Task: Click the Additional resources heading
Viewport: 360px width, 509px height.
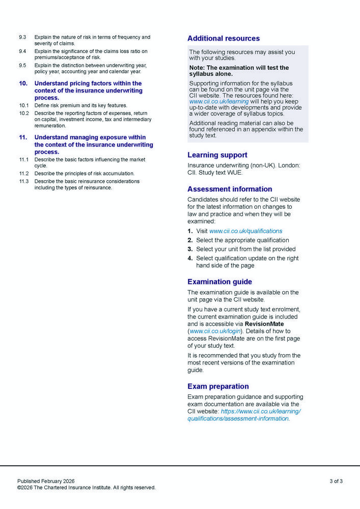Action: click(223, 38)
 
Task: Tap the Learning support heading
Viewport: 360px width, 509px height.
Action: click(217, 155)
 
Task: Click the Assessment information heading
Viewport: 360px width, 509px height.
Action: click(230, 189)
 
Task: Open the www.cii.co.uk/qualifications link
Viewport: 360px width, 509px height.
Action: click(245, 231)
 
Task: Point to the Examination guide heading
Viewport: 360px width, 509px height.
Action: click(219, 281)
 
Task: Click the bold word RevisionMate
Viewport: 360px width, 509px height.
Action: click(264, 324)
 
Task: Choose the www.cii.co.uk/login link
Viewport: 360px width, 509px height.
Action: click(215, 331)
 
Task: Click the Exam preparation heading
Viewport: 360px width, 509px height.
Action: click(218, 386)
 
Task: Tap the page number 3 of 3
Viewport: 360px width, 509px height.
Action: click(336, 481)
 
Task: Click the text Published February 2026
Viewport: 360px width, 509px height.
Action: click(46, 481)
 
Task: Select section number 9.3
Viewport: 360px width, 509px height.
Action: click(22, 37)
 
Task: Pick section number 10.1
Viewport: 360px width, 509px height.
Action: click(24, 105)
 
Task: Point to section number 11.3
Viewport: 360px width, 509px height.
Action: click(24, 181)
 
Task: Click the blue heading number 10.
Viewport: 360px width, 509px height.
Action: click(23, 83)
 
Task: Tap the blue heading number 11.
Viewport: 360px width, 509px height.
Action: click(23, 137)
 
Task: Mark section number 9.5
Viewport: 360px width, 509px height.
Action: click(22, 65)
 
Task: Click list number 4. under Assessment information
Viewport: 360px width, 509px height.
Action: click(190, 258)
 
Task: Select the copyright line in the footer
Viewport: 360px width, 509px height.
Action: click(86, 488)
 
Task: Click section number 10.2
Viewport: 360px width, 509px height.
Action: click(24, 113)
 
